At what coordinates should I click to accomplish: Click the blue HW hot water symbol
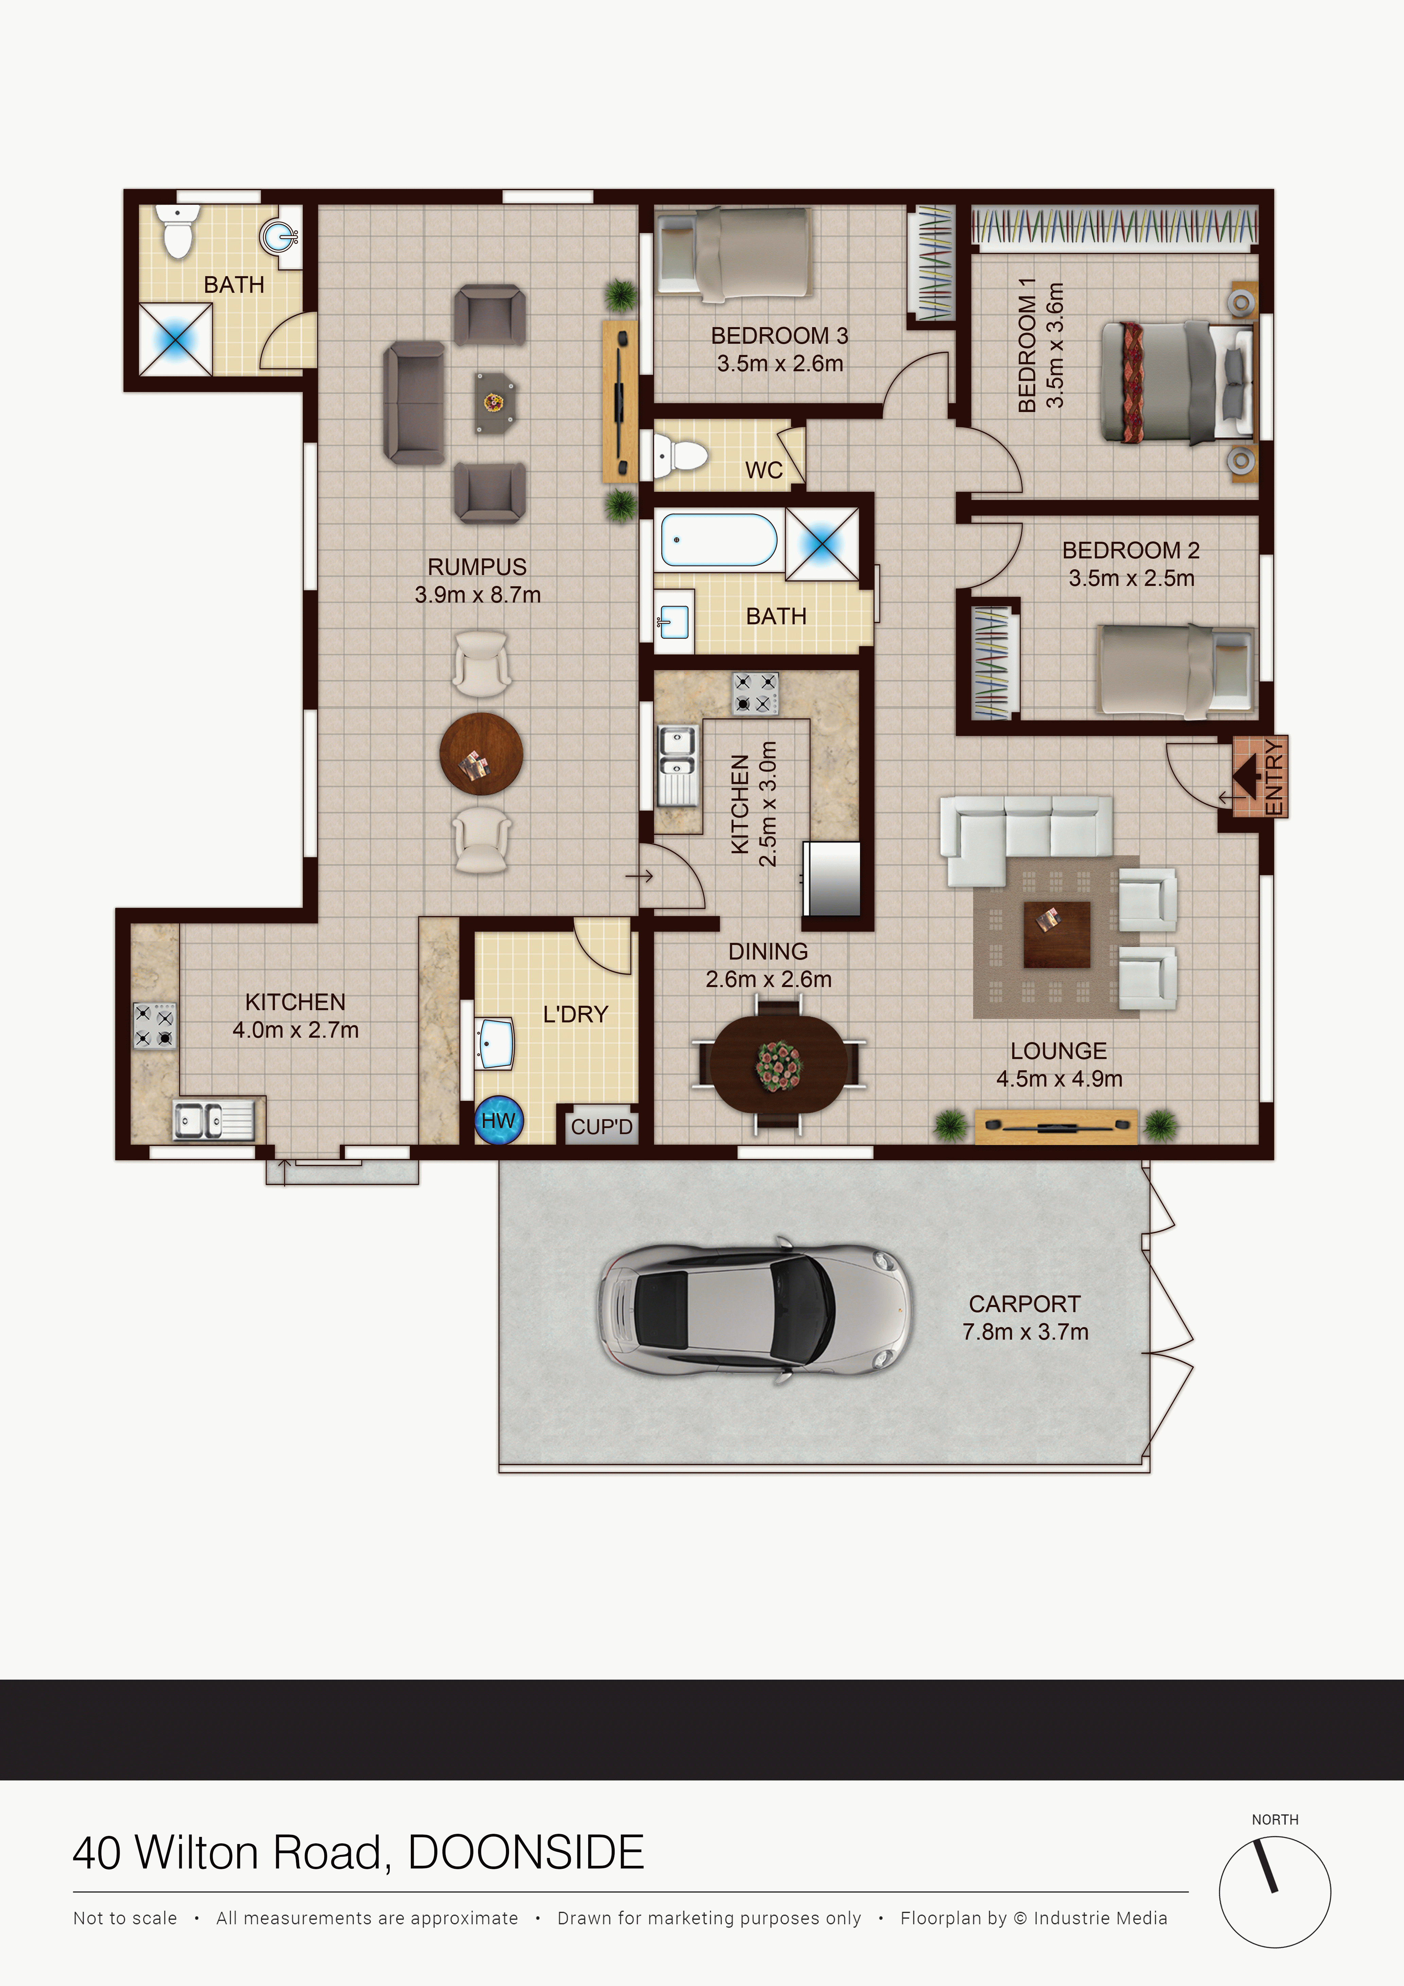coord(498,1120)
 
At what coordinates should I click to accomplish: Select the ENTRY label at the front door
coord(1274,777)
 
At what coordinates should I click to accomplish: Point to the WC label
coord(764,470)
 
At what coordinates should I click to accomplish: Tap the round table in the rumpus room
coord(481,753)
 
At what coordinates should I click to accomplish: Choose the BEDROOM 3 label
coord(779,336)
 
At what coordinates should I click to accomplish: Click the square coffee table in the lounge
coord(1056,934)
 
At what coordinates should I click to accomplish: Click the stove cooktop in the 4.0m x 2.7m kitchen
coord(154,1026)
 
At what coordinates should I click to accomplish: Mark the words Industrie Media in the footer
coord(1100,1918)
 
